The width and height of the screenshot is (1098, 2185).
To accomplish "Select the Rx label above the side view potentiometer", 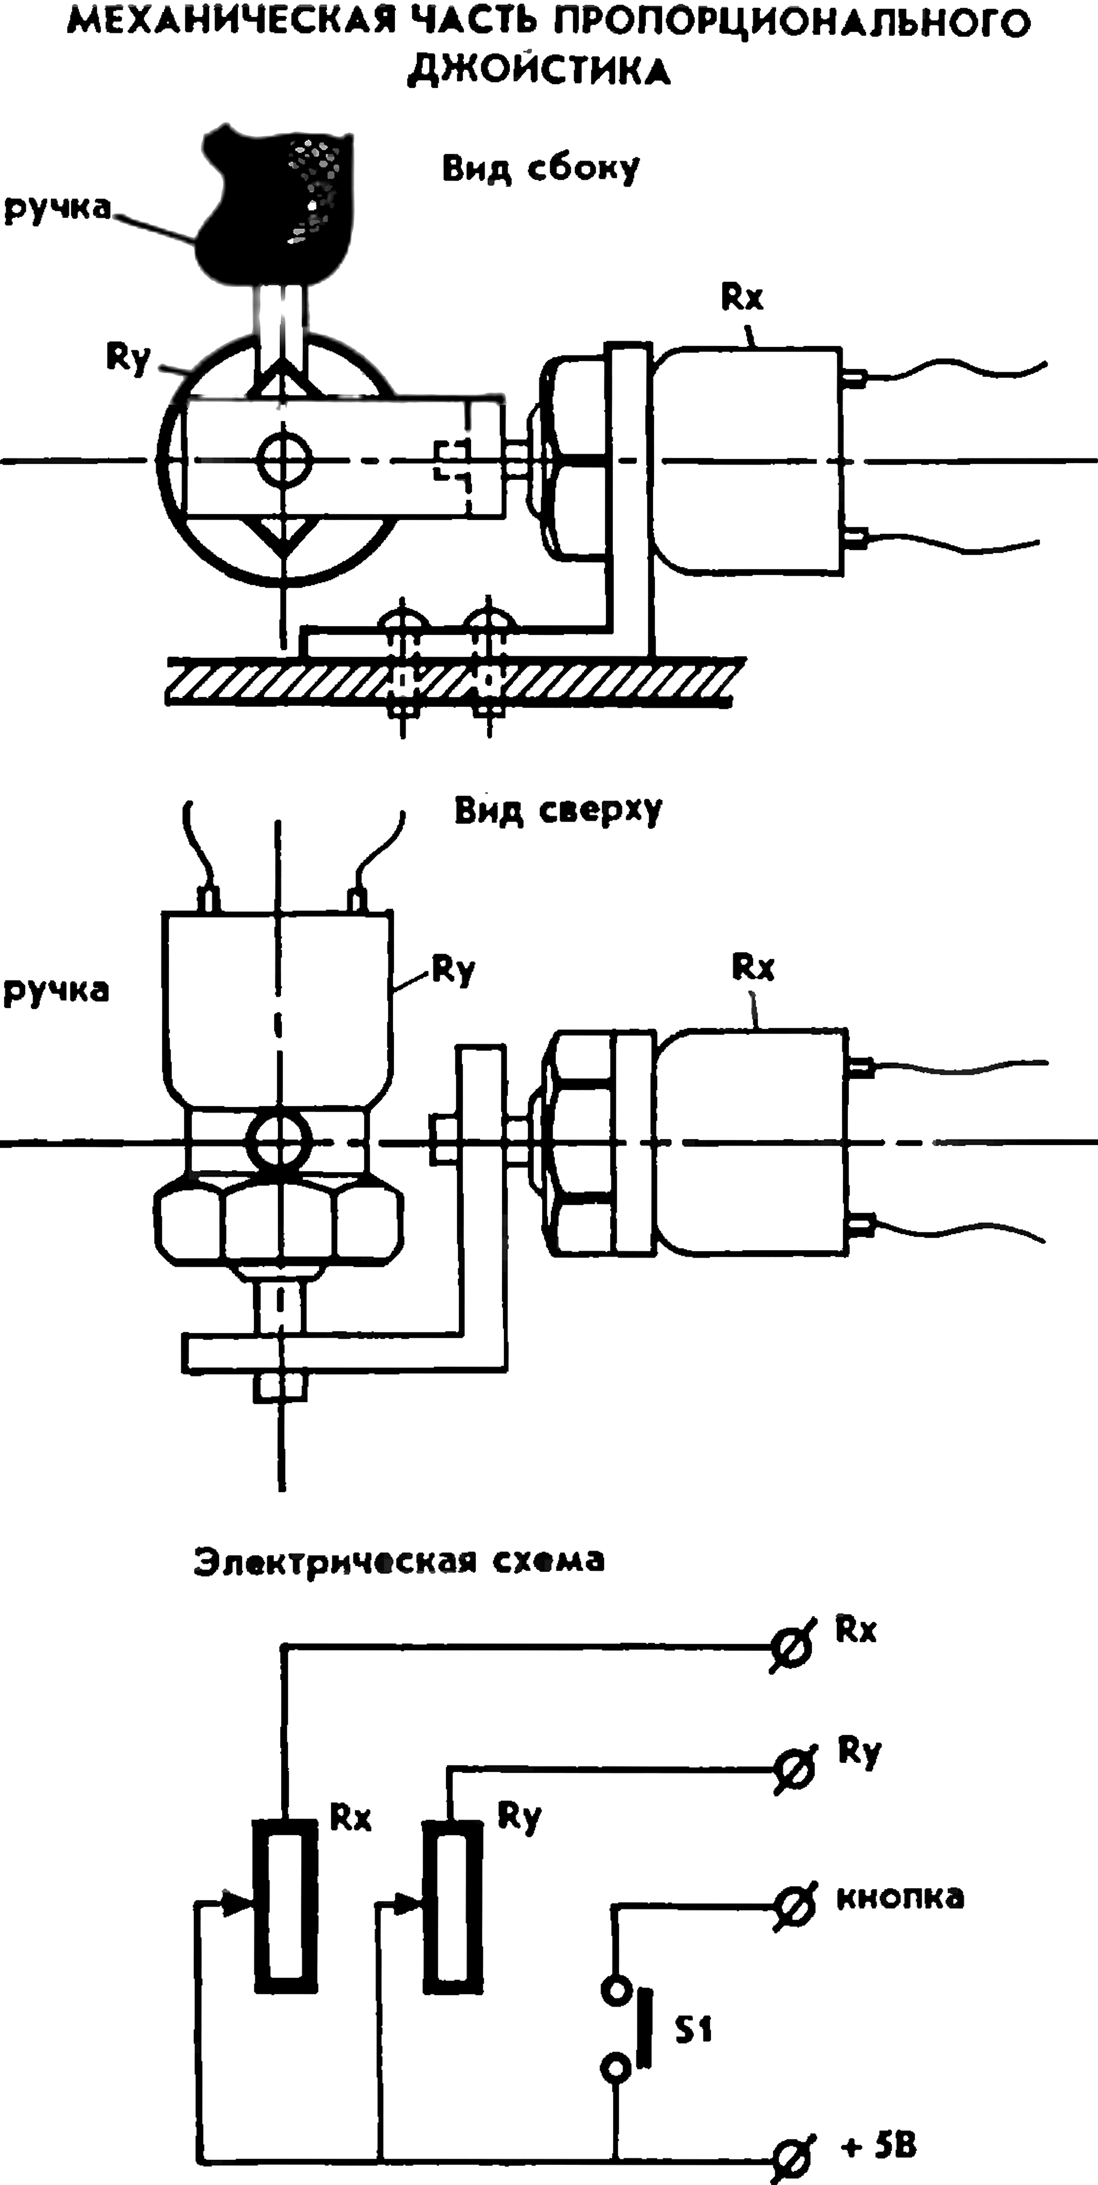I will (743, 297).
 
